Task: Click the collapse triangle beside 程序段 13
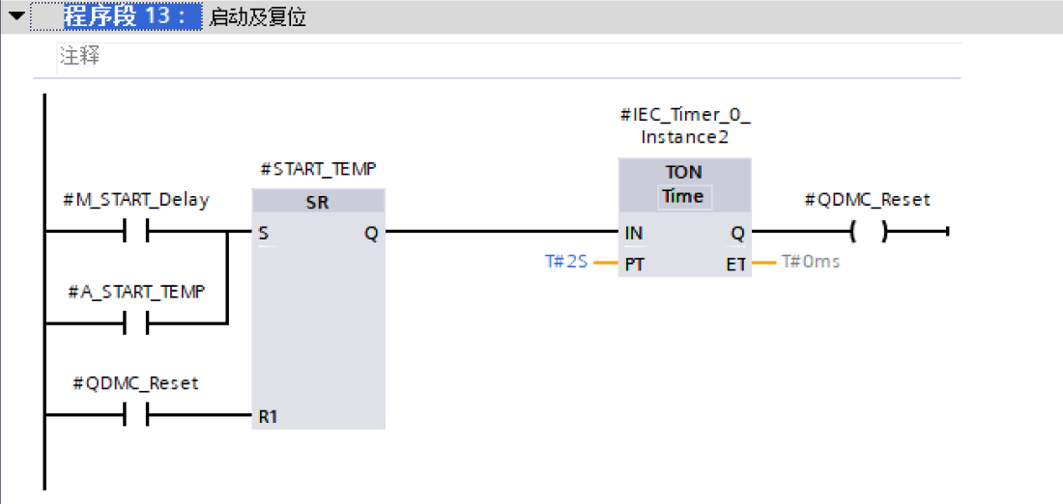coord(16,16)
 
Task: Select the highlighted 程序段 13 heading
coord(129,16)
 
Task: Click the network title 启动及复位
coord(257,17)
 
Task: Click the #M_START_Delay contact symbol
coord(135,232)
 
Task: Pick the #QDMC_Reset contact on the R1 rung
coord(135,415)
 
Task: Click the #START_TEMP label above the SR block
coord(318,170)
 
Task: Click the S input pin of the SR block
coord(264,233)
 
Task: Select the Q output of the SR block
coord(371,233)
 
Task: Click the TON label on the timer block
coord(683,172)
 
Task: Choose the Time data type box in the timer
coord(683,196)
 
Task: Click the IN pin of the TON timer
coord(634,233)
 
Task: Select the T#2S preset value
coord(566,262)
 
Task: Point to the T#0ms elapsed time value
coord(810,262)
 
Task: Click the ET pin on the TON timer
coord(735,264)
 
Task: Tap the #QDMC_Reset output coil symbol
coord(868,232)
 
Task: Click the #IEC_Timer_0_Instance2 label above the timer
coord(684,126)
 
